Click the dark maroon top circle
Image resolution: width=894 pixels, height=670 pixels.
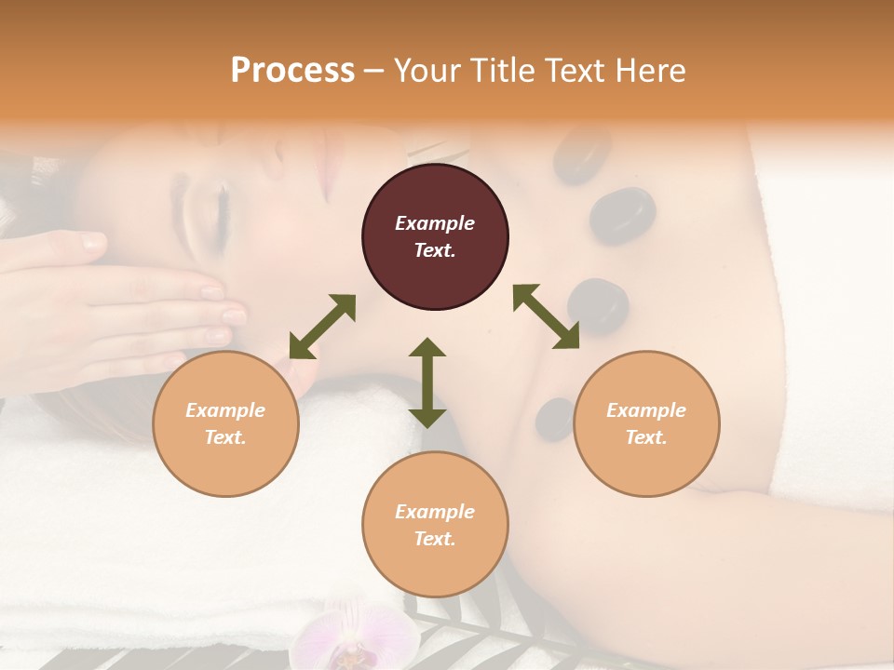click(435, 236)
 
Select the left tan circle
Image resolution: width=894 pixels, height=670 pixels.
click(225, 423)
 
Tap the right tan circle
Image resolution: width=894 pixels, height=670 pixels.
click(646, 423)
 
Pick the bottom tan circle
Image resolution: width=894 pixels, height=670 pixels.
click(435, 524)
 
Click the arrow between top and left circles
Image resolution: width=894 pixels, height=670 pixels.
click(322, 327)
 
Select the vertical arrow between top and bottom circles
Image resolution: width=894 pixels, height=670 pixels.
click(427, 382)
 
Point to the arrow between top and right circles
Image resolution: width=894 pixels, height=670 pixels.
click(546, 316)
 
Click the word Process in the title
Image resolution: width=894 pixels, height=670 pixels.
click(292, 70)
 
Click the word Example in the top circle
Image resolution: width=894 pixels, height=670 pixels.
click(435, 223)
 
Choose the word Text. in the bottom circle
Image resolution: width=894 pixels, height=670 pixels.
click(435, 539)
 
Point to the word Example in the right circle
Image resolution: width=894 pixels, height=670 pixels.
click(646, 410)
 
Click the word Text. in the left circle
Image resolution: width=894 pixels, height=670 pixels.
click(225, 437)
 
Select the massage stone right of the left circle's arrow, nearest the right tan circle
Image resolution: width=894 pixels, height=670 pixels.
click(556, 418)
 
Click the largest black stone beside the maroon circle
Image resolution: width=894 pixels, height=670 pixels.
click(621, 216)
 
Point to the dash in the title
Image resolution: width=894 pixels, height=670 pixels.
click(374, 71)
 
